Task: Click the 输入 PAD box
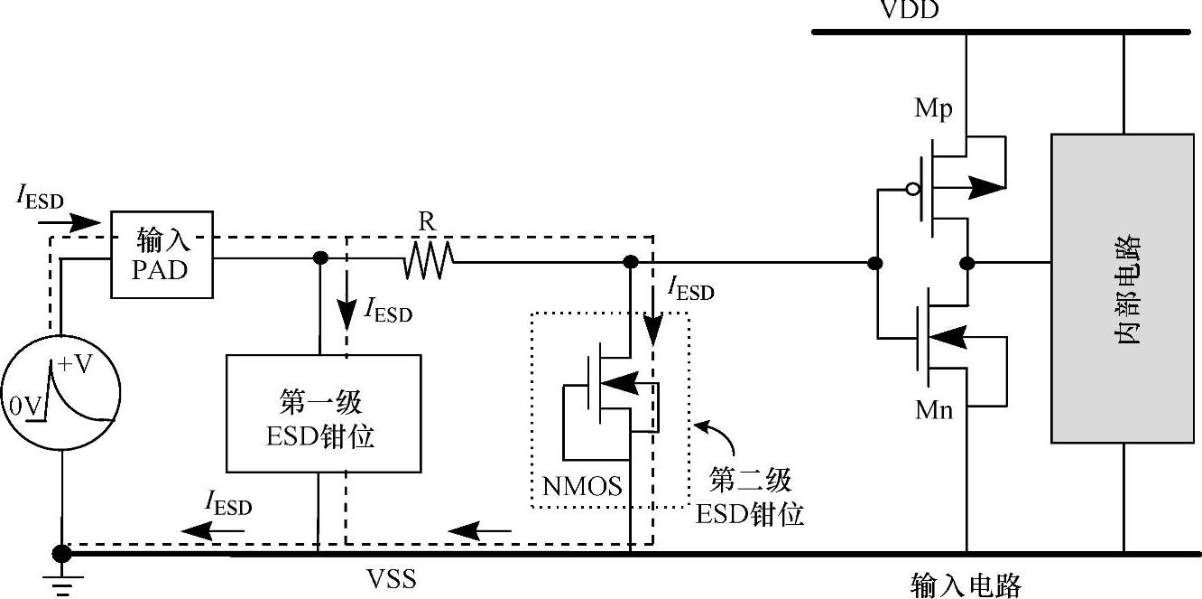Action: pos(162,254)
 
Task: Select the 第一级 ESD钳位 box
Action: pos(322,413)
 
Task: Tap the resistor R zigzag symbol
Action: pos(429,262)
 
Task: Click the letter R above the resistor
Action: pos(427,222)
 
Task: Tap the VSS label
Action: pos(391,577)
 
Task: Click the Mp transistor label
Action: pos(934,110)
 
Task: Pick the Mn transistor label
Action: pos(934,411)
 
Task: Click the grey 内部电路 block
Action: pos(1123,288)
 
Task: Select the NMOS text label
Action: pos(582,487)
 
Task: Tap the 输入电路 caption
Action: pos(966,585)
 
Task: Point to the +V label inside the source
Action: pos(76,365)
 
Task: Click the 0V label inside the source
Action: pos(26,407)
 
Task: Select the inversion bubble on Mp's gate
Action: pos(912,190)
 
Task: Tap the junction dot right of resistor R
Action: pos(631,262)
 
